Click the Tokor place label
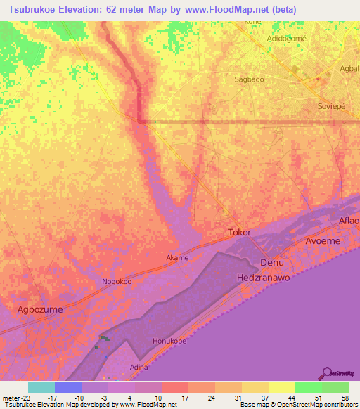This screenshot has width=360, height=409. click(240, 232)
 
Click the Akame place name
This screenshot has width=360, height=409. click(177, 258)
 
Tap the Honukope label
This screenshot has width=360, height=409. click(169, 342)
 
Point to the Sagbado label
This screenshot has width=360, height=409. click(249, 79)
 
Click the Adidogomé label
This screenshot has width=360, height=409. click(286, 39)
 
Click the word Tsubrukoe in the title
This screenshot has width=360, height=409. click(39, 10)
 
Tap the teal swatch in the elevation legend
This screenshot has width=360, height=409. click(41, 387)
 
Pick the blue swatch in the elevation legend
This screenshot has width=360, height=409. click(67, 387)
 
